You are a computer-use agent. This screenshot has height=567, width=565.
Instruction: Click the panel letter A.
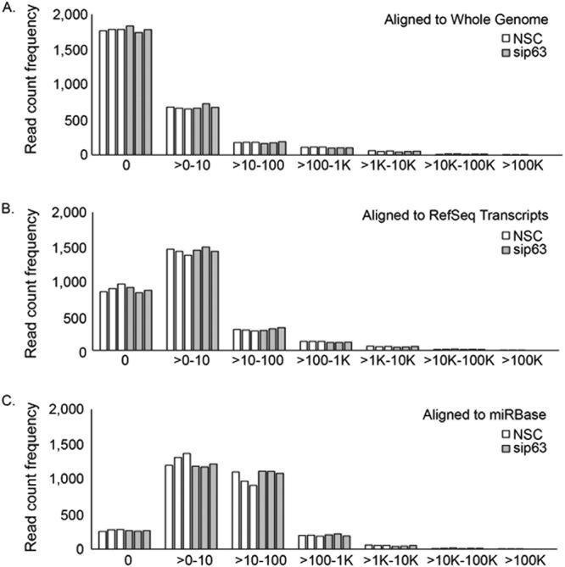pos(8,9)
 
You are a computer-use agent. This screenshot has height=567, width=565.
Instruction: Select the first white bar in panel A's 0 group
pos(103,92)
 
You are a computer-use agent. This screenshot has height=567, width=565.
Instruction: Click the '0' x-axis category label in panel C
pos(126,560)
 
